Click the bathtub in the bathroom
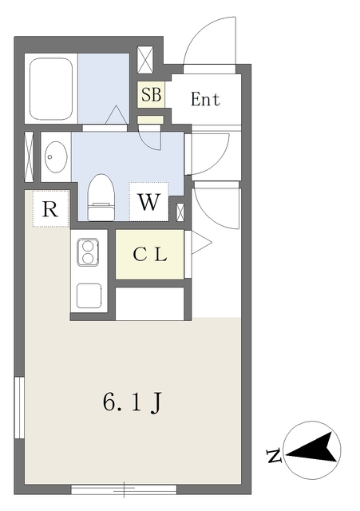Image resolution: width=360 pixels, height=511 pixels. [x=51, y=89]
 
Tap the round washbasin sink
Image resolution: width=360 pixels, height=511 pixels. [x=56, y=156]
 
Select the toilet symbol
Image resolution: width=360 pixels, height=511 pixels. [x=101, y=197]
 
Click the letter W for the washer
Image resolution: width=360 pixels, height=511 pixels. [x=149, y=202]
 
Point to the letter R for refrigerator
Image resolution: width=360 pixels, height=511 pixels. [x=50, y=209]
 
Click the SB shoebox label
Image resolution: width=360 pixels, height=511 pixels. [x=151, y=94]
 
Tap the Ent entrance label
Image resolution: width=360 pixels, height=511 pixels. [x=205, y=99]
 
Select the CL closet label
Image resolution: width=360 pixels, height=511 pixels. [x=150, y=255]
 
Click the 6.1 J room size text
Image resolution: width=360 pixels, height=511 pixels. [x=132, y=402]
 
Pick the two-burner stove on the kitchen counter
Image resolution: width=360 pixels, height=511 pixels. [x=88, y=252]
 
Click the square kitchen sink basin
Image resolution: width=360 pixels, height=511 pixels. [x=89, y=295]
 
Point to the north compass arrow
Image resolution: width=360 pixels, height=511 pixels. [x=312, y=449]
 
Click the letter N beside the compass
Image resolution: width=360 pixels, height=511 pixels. [x=274, y=456]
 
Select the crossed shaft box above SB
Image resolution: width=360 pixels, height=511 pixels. [x=145, y=61]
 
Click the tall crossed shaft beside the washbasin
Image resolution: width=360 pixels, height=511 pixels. [x=29, y=156]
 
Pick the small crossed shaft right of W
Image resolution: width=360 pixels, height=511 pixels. [x=180, y=212]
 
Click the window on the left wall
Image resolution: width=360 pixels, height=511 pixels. [x=19, y=408]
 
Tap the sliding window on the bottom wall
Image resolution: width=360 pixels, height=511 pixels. [x=124, y=489]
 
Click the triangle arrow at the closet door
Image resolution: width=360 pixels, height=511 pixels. [x=200, y=243]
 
